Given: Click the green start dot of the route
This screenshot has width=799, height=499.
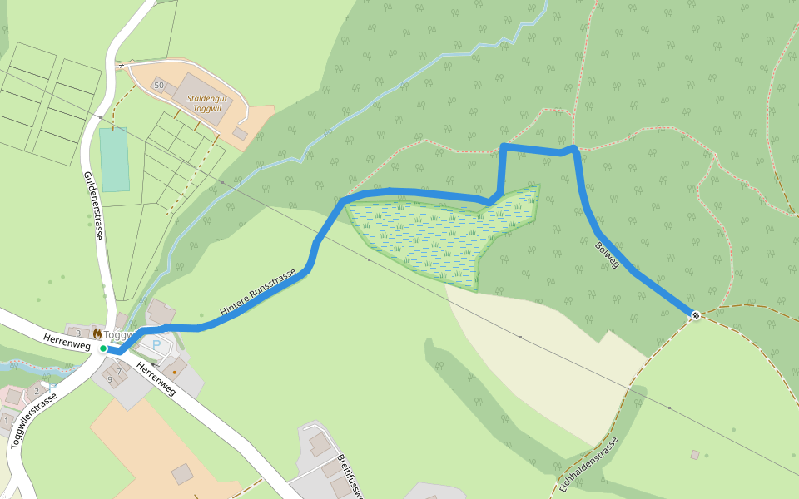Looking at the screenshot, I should coord(103,348).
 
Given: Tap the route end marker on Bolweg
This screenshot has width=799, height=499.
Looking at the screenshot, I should coord(695,314).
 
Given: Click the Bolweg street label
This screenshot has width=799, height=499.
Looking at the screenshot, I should coord(608,254).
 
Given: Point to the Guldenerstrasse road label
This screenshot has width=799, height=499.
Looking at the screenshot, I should coord(93,205).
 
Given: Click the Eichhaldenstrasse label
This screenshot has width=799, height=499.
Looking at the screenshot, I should coord(589,465).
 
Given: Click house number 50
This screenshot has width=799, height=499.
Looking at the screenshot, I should coord(158,86).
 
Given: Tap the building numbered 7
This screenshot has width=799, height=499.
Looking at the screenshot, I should coord(119,371).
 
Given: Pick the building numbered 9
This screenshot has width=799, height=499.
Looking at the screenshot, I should coord(109,380).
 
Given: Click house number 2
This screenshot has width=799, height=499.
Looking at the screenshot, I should coord(37,391).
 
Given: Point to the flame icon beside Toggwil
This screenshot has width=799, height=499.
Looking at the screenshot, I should coord(97,333).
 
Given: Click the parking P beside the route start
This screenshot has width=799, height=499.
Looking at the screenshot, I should coord(156,344).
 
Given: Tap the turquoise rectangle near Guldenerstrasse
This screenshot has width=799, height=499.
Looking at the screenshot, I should coord(114,160).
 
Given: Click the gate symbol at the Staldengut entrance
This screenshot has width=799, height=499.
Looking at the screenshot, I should coord(121,64).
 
